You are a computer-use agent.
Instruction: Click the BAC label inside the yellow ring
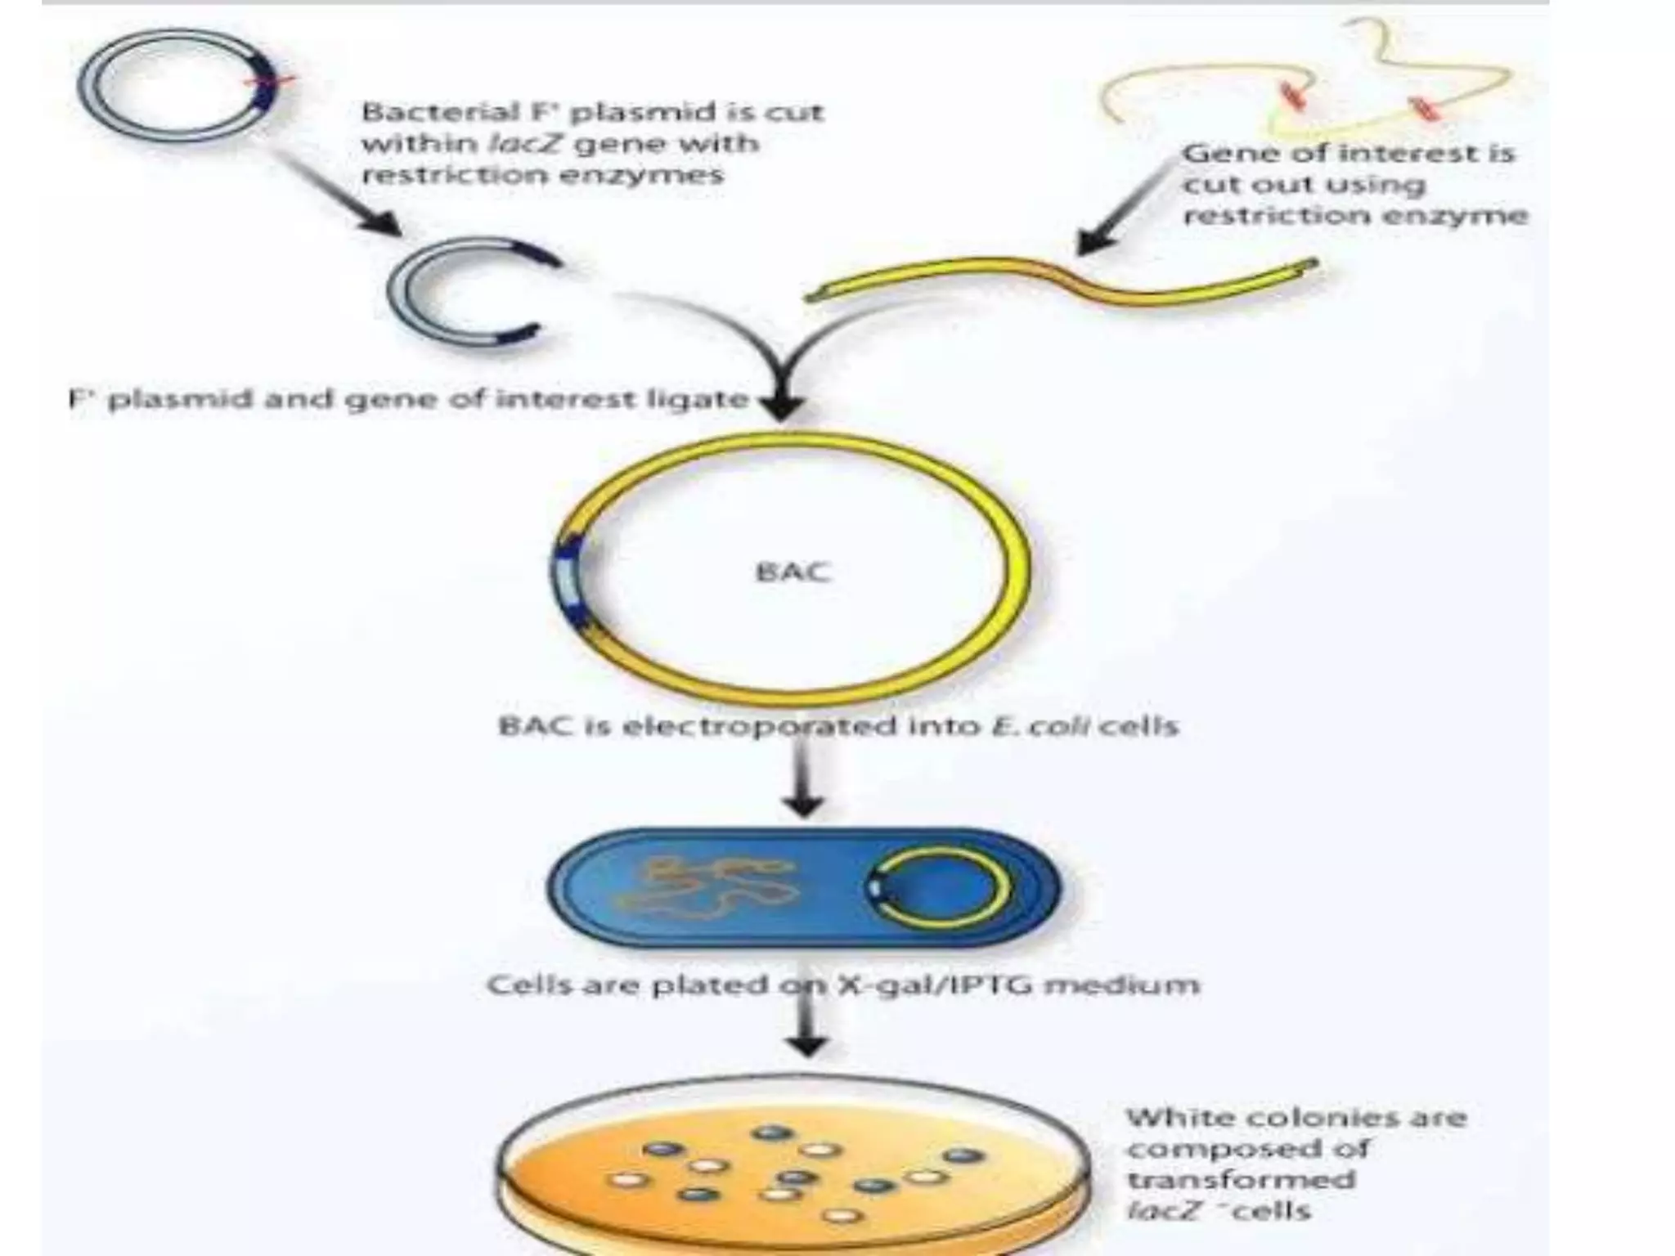[793, 571]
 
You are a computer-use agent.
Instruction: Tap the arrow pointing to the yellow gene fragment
[1120, 213]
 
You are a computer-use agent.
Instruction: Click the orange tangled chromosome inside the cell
[703, 886]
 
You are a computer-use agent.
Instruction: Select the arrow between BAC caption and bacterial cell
[804, 785]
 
